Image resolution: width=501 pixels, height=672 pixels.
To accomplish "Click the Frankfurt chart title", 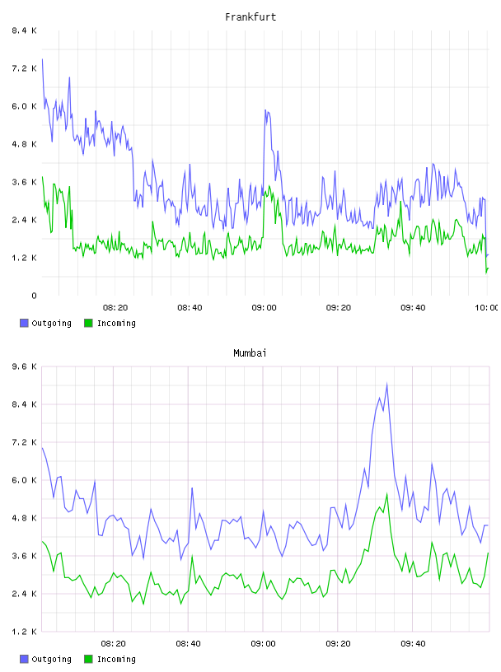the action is coord(250,17).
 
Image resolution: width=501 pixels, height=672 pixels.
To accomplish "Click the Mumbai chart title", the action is coord(250,353).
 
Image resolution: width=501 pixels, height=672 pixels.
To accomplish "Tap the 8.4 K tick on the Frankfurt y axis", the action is coord(24,30).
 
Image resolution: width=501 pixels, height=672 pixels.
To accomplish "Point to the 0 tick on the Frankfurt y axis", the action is coord(34,296).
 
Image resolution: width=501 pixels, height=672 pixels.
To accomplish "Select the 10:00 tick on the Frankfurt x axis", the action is coord(486,308).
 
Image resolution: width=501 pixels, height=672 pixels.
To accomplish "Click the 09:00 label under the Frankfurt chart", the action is coord(264,308).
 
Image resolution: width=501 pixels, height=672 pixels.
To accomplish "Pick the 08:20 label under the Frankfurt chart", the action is coord(115,308).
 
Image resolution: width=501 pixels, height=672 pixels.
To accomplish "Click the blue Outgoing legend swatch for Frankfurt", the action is coord(24,323).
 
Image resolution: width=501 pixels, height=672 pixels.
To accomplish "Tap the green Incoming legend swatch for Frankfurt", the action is coord(88,323).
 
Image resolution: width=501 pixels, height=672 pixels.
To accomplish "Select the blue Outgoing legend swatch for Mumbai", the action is coord(24,659).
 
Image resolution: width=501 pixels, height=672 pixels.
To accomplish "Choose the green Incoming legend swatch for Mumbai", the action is coord(88,659).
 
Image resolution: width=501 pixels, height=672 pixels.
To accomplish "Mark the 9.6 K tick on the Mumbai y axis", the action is coord(24,366).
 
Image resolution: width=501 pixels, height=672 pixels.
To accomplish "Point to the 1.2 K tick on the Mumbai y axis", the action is coord(24,632).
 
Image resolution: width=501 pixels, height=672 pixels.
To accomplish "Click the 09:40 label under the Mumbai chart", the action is coord(413,644).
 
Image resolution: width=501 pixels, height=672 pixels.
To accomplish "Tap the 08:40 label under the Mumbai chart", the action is coord(188,644).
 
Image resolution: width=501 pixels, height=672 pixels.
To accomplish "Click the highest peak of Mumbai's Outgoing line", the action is coord(387,384).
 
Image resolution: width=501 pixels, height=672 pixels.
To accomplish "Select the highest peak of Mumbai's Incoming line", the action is coord(387,494).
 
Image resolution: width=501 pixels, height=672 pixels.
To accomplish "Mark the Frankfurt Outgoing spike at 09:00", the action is coord(265,110).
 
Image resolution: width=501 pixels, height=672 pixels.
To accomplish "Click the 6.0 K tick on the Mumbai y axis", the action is coord(24,480).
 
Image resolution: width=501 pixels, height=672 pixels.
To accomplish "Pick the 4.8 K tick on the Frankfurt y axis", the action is coord(24,144).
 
